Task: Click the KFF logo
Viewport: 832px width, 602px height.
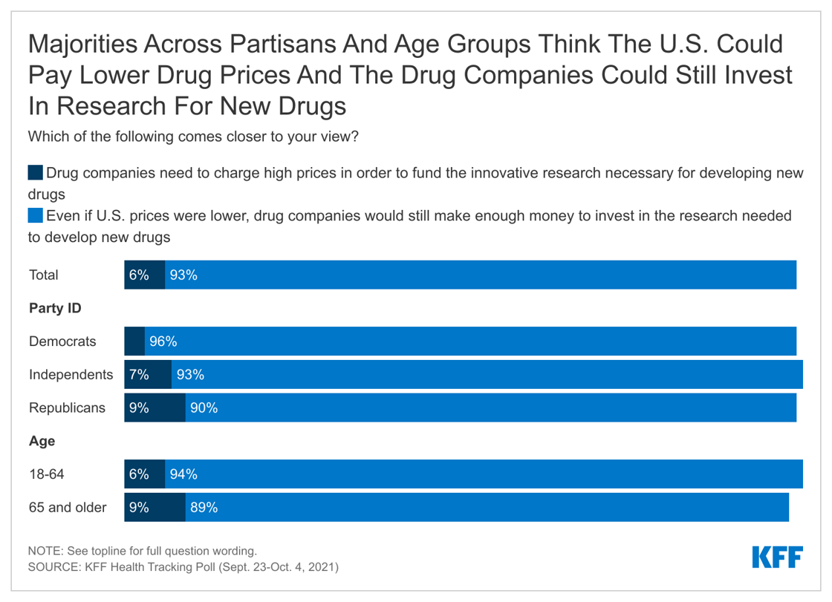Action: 777,557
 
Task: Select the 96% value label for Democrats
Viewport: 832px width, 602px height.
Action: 163,341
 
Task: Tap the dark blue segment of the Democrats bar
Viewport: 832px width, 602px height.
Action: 134,341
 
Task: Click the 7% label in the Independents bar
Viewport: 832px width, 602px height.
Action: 139,375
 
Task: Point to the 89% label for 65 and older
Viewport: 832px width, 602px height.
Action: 204,508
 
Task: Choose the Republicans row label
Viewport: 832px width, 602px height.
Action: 67,408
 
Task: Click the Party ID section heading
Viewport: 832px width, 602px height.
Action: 55,308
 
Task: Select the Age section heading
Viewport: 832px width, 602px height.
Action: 42,441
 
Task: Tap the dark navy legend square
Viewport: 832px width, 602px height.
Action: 36,174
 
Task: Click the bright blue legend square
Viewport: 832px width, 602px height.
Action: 36,216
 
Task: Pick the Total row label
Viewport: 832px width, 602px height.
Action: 44,275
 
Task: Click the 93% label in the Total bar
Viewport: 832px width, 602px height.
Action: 183,275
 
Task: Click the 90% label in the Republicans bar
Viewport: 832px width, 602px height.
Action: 204,408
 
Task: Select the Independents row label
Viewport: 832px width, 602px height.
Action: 71,375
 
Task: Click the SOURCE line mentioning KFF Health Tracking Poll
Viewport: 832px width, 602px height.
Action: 183,567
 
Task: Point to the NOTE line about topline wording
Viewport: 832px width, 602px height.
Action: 142,552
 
